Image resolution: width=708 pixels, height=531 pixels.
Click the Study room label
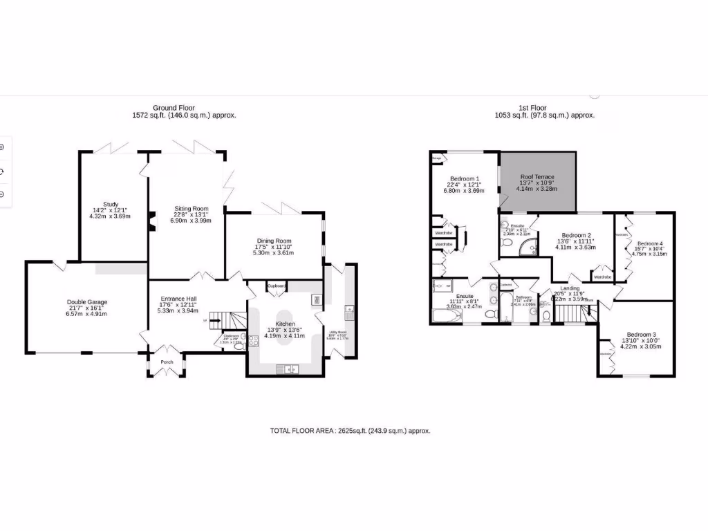click(x=111, y=205)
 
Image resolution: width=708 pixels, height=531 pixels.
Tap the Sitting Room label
click(x=192, y=209)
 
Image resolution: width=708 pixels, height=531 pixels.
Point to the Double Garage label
click(x=87, y=302)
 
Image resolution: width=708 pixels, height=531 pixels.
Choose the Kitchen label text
click(x=285, y=324)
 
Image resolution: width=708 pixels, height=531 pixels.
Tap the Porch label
click(x=167, y=362)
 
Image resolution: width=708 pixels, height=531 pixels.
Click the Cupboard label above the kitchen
click(x=277, y=286)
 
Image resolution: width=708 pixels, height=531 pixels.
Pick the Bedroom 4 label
click(x=650, y=243)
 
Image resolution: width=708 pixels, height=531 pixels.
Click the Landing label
click(x=570, y=288)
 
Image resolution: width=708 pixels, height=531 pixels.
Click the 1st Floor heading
click(x=532, y=108)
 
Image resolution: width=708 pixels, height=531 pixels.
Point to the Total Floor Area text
click(x=350, y=431)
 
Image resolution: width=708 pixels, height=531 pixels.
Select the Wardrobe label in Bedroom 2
click(x=602, y=277)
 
